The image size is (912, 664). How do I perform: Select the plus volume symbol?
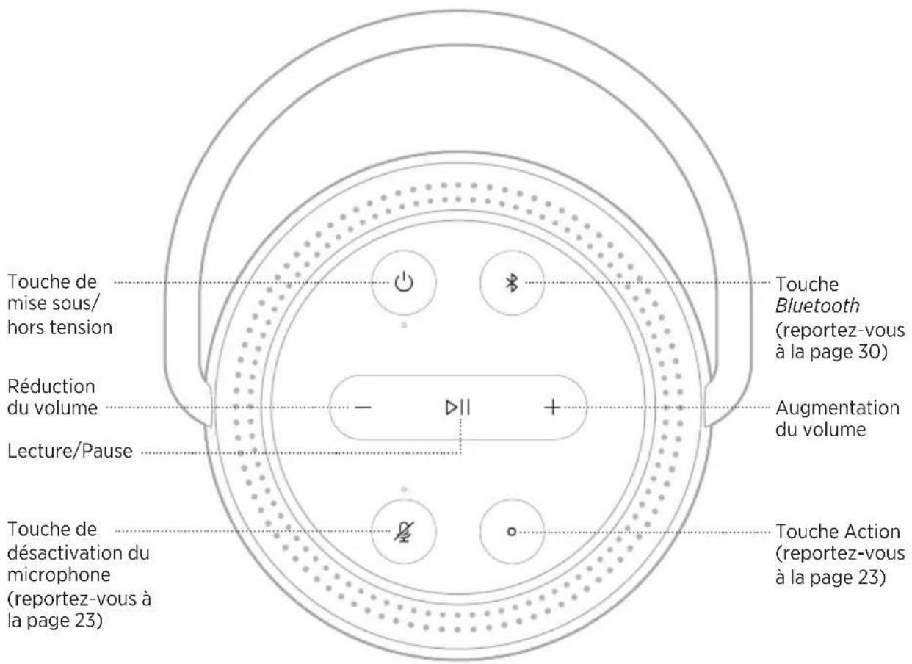coord(552,407)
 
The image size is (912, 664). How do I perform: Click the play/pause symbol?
coord(457,407)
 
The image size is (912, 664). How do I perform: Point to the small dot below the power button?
coord(404,325)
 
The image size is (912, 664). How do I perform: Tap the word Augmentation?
coord(827,408)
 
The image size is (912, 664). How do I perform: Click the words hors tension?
coord(60,328)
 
